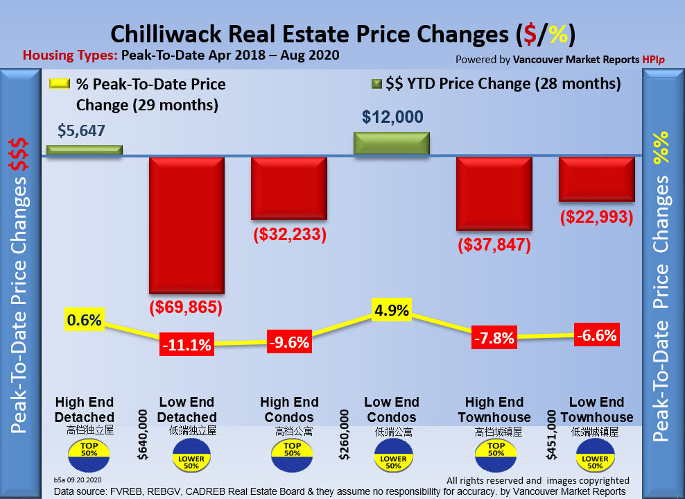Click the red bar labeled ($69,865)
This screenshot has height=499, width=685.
[x=187, y=224]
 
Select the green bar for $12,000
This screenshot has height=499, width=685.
[x=392, y=143]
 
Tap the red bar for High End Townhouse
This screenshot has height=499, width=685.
[x=494, y=193]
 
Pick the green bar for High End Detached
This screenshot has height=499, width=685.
[x=84, y=150]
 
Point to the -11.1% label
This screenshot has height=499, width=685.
[x=187, y=344]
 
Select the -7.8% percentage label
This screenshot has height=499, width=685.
[x=494, y=339]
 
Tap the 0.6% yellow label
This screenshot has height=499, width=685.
[x=85, y=320]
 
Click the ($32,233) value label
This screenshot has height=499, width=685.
[x=289, y=235]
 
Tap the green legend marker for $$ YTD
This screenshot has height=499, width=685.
[x=376, y=85]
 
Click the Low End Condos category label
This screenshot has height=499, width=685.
[x=392, y=409]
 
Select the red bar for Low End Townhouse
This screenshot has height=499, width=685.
[x=597, y=179]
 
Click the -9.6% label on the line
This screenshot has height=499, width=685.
[x=289, y=341]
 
